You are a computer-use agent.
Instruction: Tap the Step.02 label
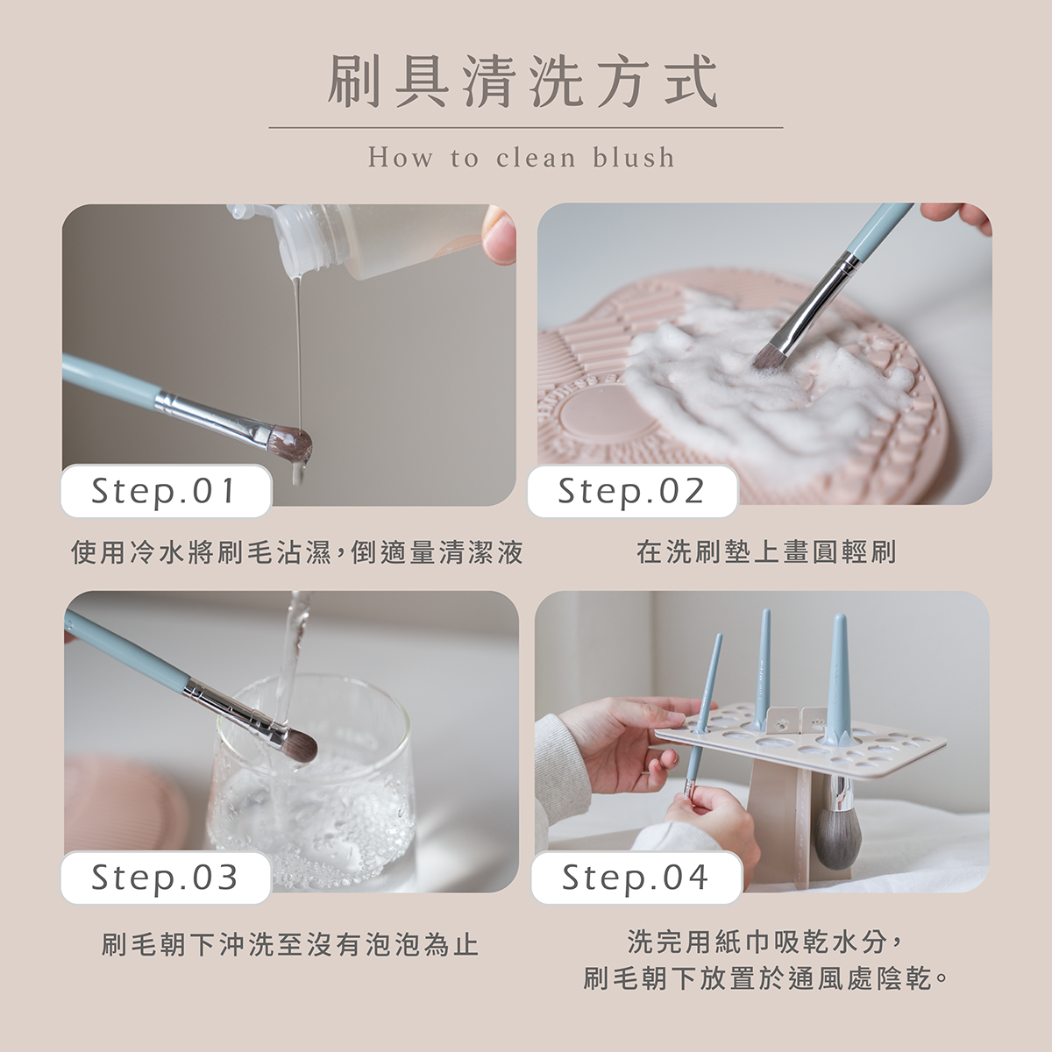click(633, 491)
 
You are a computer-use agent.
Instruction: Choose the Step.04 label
click(636, 878)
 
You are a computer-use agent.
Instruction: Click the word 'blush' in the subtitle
click(634, 158)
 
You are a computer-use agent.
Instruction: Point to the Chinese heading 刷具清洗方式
click(522, 82)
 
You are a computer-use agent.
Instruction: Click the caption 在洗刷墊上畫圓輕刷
click(766, 552)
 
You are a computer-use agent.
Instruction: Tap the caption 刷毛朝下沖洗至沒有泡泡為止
click(290, 945)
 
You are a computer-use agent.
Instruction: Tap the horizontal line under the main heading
click(526, 128)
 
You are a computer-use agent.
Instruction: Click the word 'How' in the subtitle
click(401, 158)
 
